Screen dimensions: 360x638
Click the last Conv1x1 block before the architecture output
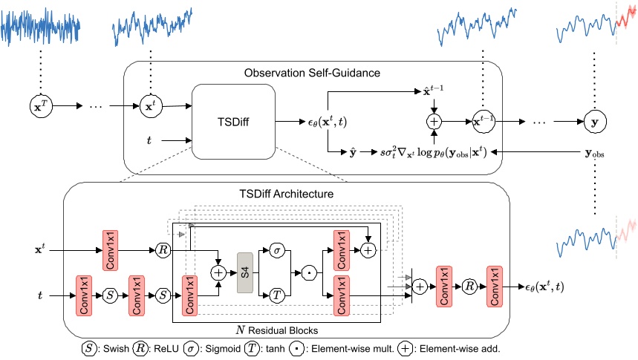[495, 286]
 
